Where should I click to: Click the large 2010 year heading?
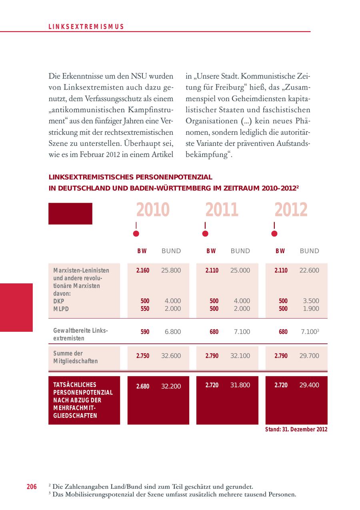(x=153, y=210)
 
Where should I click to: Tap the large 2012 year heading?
(x=291, y=210)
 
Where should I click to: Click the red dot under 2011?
(x=205, y=234)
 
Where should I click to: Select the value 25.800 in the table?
(x=171, y=270)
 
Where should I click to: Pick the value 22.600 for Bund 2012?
(x=309, y=270)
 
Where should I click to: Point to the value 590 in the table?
(x=145, y=332)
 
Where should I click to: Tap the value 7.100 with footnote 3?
(x=309, y=332)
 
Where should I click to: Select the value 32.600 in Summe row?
(x=171, y=356)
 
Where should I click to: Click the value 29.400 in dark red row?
(x=309, y=385)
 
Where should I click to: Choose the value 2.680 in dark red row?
(x=143, y=386)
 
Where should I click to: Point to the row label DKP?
(x=59, y=301)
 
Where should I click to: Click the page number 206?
(x=32, y=486)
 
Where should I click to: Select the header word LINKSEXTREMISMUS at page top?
(x=86, y=27)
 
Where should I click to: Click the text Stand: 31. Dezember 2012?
(x=296, y=429)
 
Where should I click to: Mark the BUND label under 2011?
(x=240, y=251)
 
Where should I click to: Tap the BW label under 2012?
(x=280, y=251)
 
